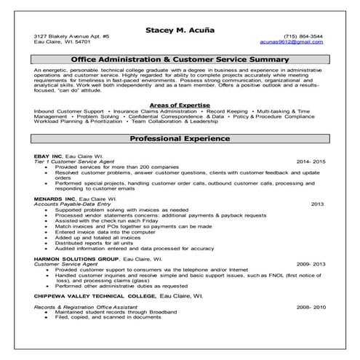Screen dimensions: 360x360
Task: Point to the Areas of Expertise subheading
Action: tap(179, 105)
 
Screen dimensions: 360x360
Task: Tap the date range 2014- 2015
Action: tap(311, 161)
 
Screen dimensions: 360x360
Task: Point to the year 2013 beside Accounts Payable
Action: tap(317, 204)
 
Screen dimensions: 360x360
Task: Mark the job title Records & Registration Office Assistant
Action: tap(84, 308)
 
